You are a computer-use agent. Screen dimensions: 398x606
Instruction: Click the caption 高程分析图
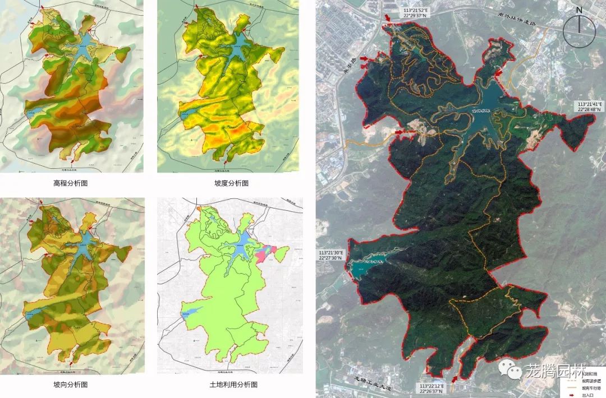coord(71,183)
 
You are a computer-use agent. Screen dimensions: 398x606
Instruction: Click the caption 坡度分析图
coord(231,183)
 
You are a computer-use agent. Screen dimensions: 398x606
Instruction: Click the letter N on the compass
coord(580,10)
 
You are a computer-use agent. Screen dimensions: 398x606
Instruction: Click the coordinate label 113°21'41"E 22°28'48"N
coord(590,107)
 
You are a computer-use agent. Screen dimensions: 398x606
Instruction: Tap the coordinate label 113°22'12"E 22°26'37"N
coord(431,389)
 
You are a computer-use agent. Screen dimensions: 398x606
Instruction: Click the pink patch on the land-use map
coord(264,253)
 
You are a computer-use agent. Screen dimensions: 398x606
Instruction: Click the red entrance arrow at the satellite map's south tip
coord(453,380)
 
